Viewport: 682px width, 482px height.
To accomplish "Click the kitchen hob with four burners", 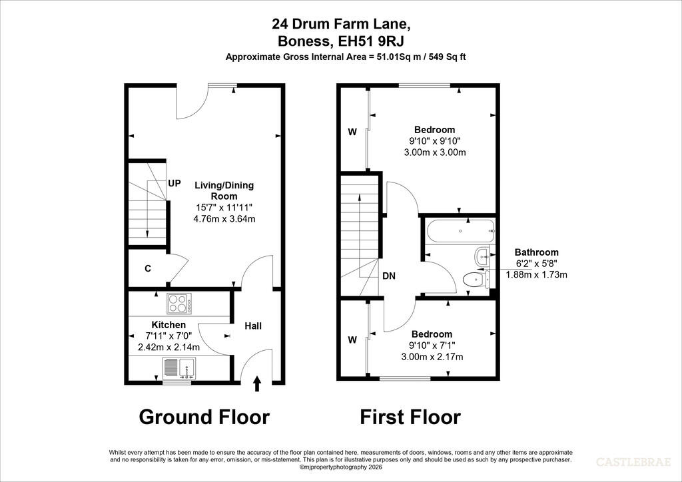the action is pyautogui.click(x=179, y=304).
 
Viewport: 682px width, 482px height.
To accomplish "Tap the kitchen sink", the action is pyautogui.click(x=179, y=368).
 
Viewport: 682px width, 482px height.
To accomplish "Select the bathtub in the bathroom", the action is pyautogui.click(x=461, y=231).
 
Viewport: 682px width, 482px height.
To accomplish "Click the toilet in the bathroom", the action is pyautogui.click(x=477, y=279).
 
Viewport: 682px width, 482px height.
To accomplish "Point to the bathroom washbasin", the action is pyautogui.click(x=484, y=256).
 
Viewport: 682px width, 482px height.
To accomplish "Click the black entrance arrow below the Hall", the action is pyautogui.click(x=257, y=383).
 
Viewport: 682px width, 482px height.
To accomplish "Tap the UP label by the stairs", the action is pyautogui.click(x=174, y=183).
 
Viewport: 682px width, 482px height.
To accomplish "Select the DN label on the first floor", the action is pyautogui.click(x=389, y=276).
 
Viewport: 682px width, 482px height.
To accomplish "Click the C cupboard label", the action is pyautogui.click(x=148, y=268).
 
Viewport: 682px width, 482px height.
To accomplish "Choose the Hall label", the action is pyautogui.click(x=252, y=326).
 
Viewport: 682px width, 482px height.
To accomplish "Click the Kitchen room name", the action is pyautogui.click(x=169, y=325).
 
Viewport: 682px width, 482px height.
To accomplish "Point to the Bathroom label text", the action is pyautogui.click(x=536, y=252).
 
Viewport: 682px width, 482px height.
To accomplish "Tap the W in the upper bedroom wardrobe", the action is pyautogui.click(x=353, y=132).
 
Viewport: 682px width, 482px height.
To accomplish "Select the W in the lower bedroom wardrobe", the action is pyautogui.click(x=353, y=340).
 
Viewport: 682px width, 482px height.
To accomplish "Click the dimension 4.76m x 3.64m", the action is pyautogui.click(x=224, y=218).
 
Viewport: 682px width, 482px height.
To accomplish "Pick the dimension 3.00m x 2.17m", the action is pyautogui.click(x=432, y=357).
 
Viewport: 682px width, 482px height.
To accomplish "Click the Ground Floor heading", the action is pyautogui.click(x=204, y=417).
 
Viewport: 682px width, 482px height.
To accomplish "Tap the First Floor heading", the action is pyautogui.click(x=410, y=417).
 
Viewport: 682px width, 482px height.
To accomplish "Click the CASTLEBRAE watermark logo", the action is pyautogui.click(x=633, y=462).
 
